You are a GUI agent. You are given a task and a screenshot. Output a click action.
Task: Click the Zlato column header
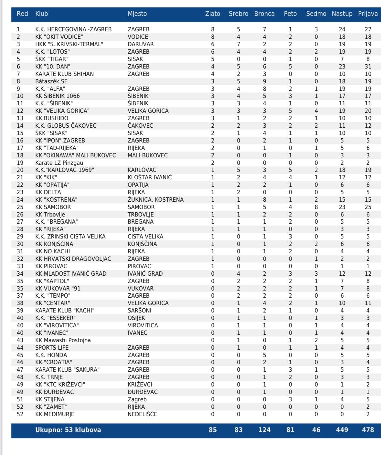[x=213, y=14]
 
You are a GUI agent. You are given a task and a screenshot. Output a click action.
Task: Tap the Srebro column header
[x=238, y=14]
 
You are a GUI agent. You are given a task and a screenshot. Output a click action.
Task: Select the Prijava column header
[x=368, y=14]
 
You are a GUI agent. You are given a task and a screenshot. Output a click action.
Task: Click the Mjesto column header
[x=137, y=14]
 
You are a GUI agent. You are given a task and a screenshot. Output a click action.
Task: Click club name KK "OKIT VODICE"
[x=59, y=37]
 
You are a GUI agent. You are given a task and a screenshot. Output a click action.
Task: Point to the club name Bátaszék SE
[x=51, y=81]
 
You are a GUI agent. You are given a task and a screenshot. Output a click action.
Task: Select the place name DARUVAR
[x=141, y=44]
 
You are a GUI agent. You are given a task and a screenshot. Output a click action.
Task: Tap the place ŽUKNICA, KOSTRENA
[x=155, y=200]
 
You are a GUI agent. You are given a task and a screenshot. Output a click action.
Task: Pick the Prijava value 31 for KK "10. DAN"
[x=368, y=67]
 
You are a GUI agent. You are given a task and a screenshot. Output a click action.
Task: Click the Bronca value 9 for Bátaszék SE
[x=264, y=81]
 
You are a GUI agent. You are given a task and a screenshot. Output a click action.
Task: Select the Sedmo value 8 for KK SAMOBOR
[x=316, y=207]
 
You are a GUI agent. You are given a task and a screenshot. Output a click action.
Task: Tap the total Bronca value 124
[x=264, y=430]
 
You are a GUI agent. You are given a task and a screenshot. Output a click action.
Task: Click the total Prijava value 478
[x=368, y=430]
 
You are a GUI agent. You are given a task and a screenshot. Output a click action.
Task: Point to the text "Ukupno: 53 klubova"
[x=68, y=430]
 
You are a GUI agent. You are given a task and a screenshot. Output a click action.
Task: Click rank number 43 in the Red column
[x=20, y=340]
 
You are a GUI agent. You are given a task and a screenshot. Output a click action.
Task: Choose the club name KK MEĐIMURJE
[x=55, y=414]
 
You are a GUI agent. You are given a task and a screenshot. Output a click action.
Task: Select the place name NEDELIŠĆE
[x=142, y=414]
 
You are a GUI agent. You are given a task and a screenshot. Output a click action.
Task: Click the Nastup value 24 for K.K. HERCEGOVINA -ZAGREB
[x=342, y=29]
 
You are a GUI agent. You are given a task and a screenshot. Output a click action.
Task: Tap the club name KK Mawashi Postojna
[x=63, y=340]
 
